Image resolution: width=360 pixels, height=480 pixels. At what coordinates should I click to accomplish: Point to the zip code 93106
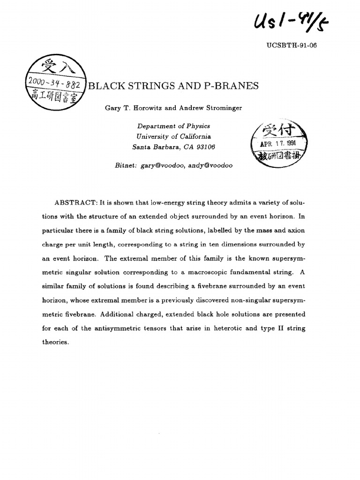tap(204, 147)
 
